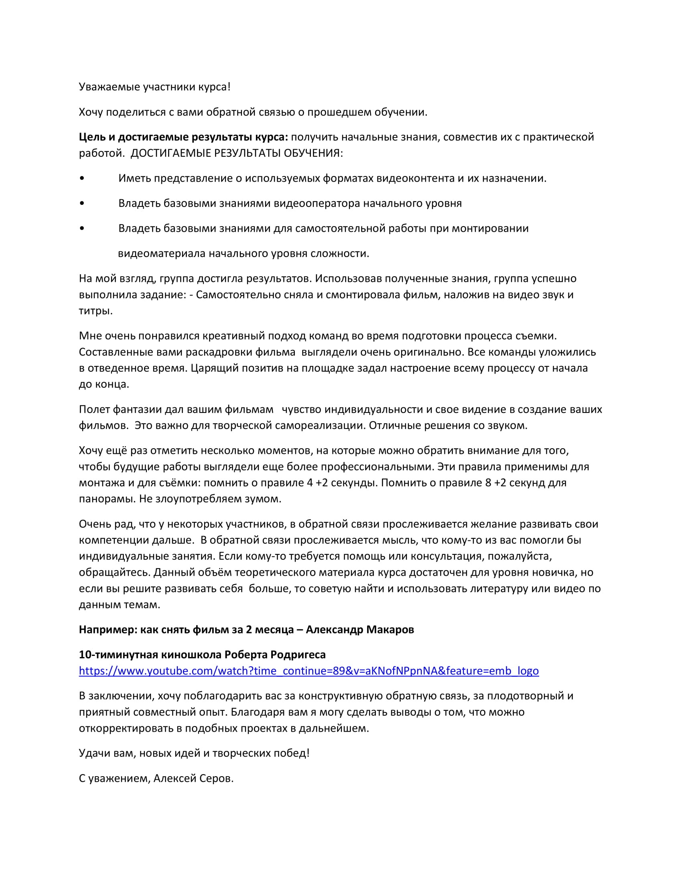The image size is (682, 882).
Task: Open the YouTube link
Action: click(309, 671)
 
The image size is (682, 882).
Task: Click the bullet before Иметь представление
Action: click(82, 178)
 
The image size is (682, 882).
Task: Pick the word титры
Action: click(95, 311)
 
